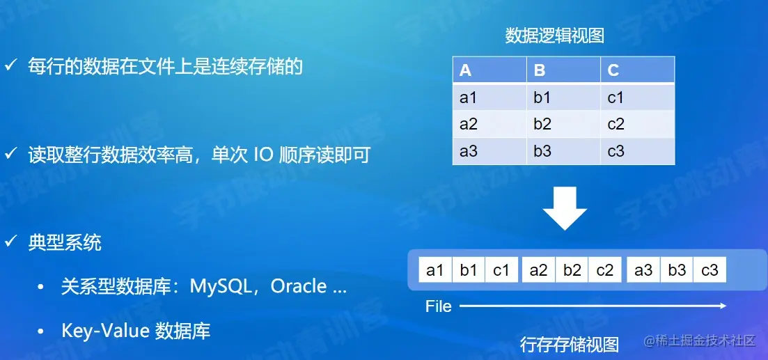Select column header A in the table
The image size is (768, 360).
(466, 70)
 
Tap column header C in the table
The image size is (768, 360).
(613, 70)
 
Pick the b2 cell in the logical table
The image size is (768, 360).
(542, 125)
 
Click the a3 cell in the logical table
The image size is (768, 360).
(469, 151)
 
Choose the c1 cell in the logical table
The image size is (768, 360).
(616, 98)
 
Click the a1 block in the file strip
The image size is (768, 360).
(435, 270)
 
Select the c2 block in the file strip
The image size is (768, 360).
(605, 270)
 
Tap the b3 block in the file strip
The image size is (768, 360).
(677, 270)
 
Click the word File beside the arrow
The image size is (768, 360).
(439, 306)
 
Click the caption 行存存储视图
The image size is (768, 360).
(570, 344)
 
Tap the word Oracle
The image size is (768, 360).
(299, 287)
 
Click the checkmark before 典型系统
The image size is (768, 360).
(11, 242)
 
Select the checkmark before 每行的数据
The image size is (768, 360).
(11, 66)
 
